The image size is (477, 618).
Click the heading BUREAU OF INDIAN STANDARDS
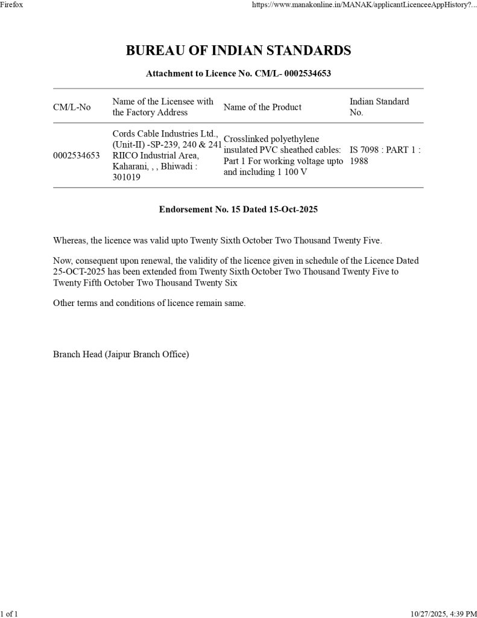[x=238, y=51]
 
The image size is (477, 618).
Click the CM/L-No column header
[x=72, y=107]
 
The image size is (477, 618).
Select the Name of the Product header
[x=262, y=107]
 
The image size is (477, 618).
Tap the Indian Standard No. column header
[x=379, y=107]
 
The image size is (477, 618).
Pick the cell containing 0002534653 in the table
[x=77, y=156]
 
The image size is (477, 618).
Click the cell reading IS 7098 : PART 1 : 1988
[x=385, y=156]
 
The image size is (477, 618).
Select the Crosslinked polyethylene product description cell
[x=283, y=156]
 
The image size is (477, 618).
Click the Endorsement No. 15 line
[x=238, y=209]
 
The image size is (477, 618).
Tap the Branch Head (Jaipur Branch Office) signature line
[x=121, y=354]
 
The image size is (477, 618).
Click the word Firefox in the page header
[x=11, y=4]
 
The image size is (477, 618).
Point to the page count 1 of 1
[x=9, y=614]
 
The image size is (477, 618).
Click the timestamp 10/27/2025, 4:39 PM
[x=443, y=614]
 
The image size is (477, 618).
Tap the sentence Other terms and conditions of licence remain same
[x=150, y=303]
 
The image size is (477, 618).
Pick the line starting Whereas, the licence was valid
[x=218, y=240]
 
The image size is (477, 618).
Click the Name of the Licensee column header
[x=163, y=107]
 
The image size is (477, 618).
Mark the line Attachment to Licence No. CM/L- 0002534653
[x=238, y=74]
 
